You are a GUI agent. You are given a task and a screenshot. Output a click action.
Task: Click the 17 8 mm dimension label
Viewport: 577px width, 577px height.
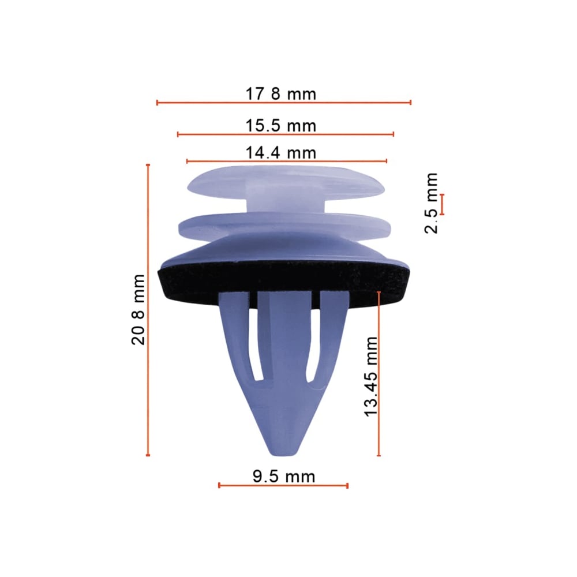coord(281,94)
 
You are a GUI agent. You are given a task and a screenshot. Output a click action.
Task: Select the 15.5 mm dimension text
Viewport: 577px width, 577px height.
coord(281,126)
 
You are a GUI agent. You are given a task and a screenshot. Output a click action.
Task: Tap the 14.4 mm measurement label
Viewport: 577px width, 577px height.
coord(281,153)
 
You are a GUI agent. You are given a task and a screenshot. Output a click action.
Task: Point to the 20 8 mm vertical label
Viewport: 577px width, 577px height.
coord(138,309)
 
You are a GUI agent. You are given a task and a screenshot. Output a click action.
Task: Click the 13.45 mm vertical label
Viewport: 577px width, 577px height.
coord(370,377)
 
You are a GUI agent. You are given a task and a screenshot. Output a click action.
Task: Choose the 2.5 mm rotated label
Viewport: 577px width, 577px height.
coord(431,203)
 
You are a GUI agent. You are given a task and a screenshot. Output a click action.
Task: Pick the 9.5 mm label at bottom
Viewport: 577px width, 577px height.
coord(284,477)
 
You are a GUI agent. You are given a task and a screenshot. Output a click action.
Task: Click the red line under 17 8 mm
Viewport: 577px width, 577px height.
coord(284,102)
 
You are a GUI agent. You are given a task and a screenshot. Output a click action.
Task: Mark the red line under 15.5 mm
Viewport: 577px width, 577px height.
coord(286,134)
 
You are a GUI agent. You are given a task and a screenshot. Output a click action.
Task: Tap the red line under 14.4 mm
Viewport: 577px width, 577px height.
coord(287,161)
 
